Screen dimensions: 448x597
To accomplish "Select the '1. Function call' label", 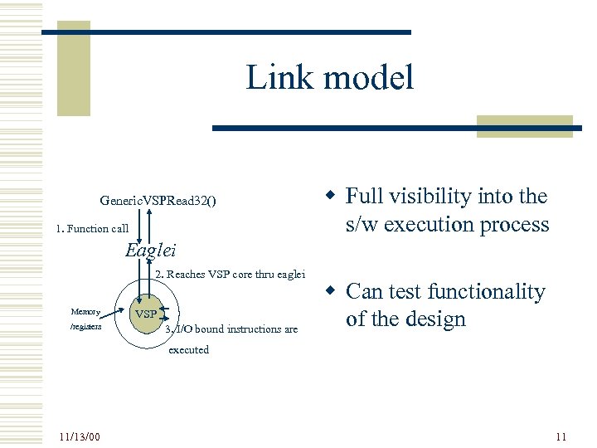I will [92, 228].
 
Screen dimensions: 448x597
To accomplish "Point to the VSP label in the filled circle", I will [146, 315].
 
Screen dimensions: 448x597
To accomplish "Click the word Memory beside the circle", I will [85, 312].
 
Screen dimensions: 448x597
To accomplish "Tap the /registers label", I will [86, 327].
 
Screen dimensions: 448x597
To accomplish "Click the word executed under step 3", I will [188, 349].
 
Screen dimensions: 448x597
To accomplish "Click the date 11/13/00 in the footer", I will [80, 436].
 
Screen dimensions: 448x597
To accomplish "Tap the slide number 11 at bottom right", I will [561, 436].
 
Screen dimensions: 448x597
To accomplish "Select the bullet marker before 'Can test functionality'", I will [330, 291].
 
